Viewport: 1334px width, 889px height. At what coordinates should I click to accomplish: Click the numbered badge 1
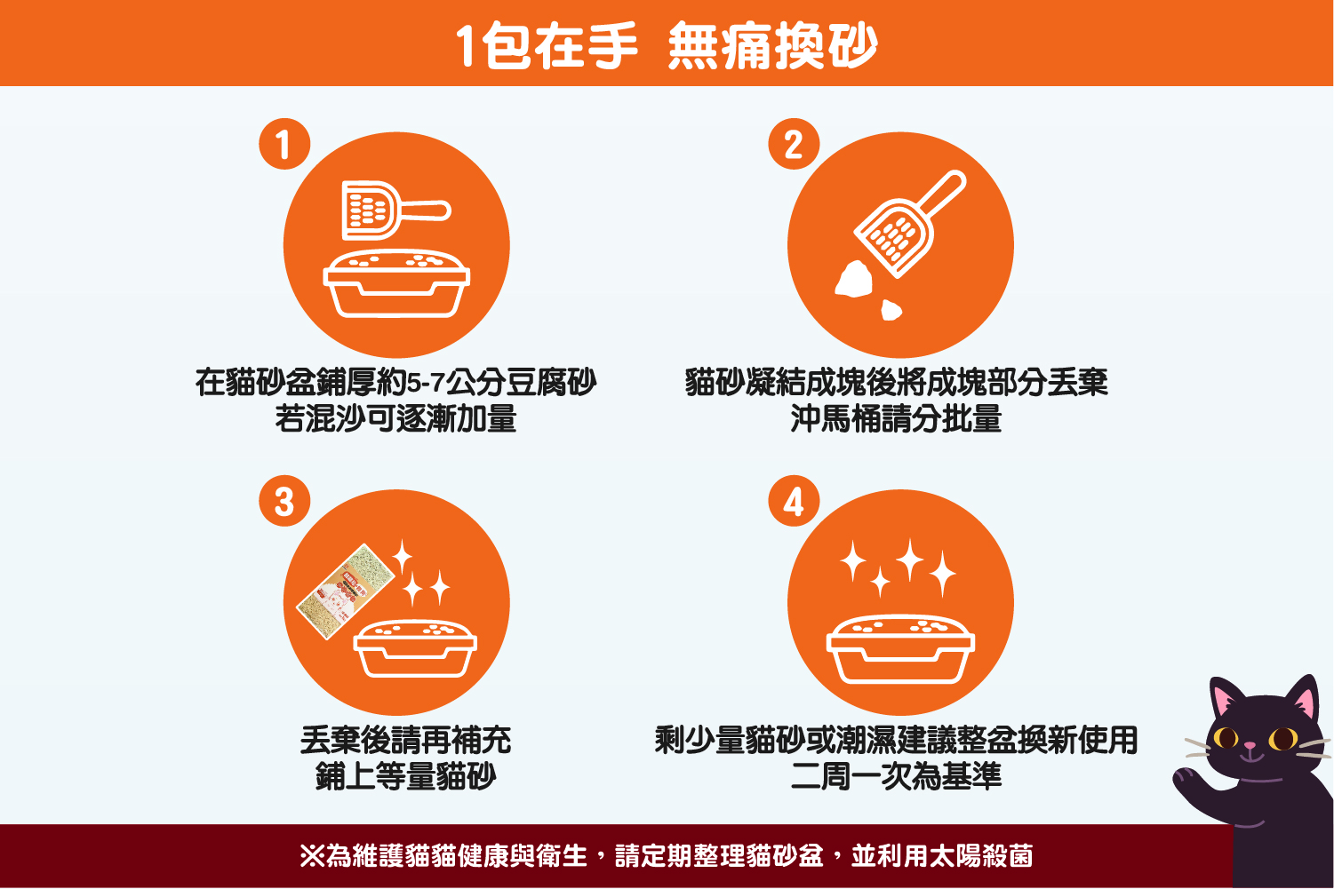pyautogui.click(x=284, y=144)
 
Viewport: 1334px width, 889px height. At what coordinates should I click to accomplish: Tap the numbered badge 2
pyautogui.click(x=794, y=144)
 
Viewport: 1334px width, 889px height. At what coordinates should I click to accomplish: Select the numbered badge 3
pyautogui.click(x=284, y=501)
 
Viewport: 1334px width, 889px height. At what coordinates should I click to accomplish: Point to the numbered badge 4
pyautogui.click(x=794, y=501)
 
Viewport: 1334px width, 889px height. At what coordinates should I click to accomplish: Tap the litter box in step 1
pyautogui.click(x=396, y=284)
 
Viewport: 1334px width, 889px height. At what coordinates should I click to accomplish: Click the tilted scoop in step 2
pyautogui.click(x=909, y=224)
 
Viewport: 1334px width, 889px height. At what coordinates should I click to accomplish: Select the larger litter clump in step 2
pyautogui.click(x=854, y=279)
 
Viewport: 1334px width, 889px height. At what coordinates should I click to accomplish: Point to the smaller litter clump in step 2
pyautogui.click(x=891, y=310)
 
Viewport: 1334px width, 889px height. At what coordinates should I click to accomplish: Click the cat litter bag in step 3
pyautogui.click(x=346, y=591)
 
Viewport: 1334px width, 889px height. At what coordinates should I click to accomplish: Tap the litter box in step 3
pyautogui.click(x=415, y=649)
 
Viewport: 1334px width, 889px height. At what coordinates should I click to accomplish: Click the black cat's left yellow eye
pyautogui.click(x=1226, y=738)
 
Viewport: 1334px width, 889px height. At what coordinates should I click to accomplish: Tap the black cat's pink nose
pyautogui.click(x=1250, y=745)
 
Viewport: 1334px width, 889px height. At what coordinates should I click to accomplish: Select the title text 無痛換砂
pyautogui.click(x=772, y=45)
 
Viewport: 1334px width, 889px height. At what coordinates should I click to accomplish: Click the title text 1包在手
pyautogui.click(x=547, y=45)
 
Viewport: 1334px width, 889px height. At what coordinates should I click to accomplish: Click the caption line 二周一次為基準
pyautogui.click(x=896, y=776)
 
